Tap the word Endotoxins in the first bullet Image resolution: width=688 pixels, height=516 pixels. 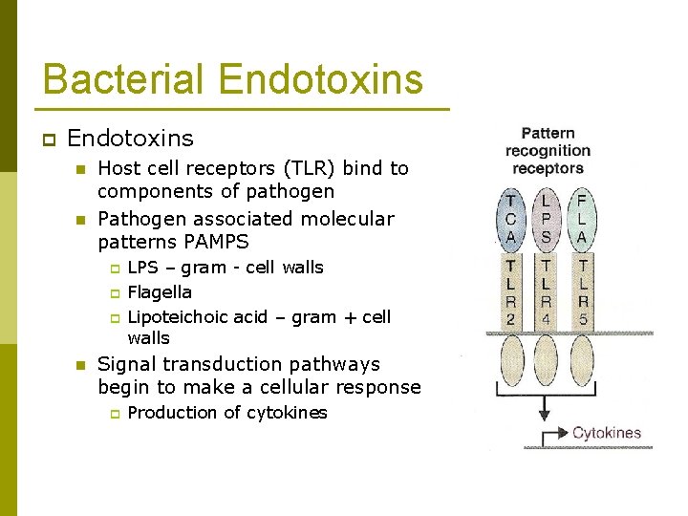tap(130, 139)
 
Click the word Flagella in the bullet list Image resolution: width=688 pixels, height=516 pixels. tap(160, 292)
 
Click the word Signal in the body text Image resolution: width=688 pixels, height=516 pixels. tap(127, 364)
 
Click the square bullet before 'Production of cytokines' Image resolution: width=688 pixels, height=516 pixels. tap(112, 414)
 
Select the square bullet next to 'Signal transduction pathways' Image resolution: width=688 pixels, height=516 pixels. tap(82, 365)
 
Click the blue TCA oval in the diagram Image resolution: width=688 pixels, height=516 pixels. tap(511, 219)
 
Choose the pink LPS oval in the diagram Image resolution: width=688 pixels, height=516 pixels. tap(547, 219)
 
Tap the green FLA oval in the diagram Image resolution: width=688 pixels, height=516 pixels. tap(582, 219)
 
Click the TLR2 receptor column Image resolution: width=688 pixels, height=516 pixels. tap(511, 291)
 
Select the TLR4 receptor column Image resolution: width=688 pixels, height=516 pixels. tap(547, 291)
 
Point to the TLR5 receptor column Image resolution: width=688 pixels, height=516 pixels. tap(582, 291)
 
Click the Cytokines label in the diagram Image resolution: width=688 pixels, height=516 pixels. tap(606, 434)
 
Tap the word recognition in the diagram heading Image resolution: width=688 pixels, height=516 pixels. tap(548, 151)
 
